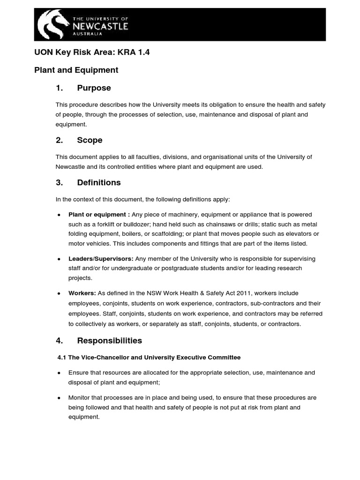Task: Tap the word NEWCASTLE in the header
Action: coord(100,26)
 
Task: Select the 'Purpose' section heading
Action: coord(94,88)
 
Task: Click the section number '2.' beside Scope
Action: coord(59,140)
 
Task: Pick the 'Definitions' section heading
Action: coord(99,182)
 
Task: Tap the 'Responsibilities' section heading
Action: coord(110,340)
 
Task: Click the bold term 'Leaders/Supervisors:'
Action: coord(101,259)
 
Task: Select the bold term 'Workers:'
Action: coord(82,293)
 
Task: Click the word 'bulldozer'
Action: coord(139,224)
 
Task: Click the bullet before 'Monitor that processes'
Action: coord(58,398)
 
